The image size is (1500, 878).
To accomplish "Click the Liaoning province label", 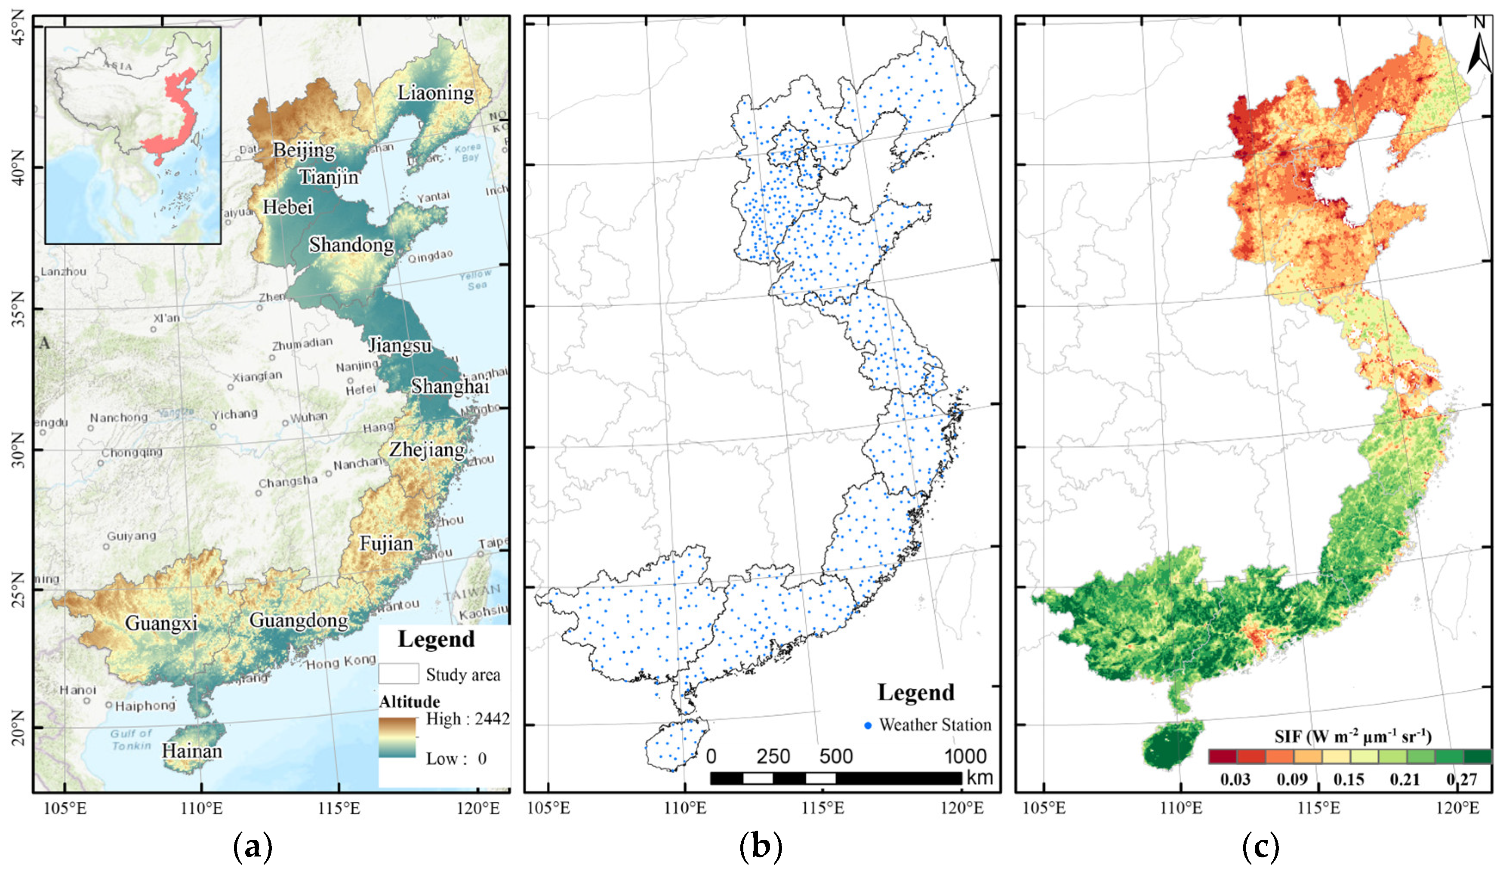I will (436, 93).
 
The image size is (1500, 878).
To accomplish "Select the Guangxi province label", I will (161, 623).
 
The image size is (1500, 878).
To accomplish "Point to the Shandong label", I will (351, 245).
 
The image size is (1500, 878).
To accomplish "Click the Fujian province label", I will (386, 543).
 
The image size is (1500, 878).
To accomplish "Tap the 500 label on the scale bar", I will (836, 757).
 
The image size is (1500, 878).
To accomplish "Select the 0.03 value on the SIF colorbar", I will (1235, 779).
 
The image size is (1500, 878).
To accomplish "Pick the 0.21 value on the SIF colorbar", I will (1405, 779).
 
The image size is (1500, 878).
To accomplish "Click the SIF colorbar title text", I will (1352, 737).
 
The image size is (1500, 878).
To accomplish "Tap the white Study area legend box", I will (398, 674).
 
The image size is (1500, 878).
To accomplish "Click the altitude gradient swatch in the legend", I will (397, 737).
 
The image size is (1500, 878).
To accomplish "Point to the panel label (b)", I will (760, 846).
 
